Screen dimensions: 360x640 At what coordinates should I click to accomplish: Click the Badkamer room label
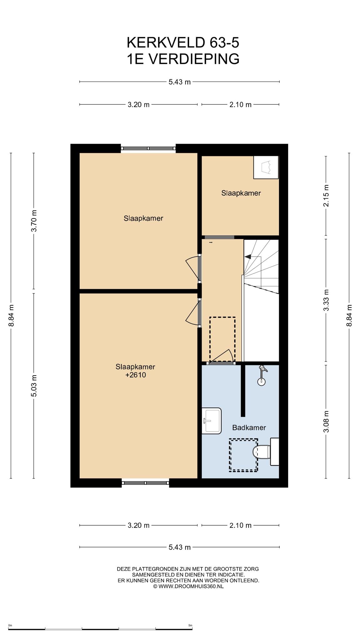249,427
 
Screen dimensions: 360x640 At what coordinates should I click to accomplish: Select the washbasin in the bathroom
212,421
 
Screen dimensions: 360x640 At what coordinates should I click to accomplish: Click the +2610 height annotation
136,375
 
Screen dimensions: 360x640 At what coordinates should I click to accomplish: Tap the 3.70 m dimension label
34,221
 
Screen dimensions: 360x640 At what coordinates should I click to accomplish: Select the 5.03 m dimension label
34,386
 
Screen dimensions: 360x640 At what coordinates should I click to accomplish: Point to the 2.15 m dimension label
326,196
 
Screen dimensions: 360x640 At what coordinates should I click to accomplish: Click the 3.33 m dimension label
326,300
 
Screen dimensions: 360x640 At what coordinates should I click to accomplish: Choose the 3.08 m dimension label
326,421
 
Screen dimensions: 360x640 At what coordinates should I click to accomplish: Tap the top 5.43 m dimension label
179,82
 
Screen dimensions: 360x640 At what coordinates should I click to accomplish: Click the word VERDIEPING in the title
193,59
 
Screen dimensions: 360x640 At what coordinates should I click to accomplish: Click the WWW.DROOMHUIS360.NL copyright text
188,587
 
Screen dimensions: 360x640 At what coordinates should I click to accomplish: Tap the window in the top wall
148,149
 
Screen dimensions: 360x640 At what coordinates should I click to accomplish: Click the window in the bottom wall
145,483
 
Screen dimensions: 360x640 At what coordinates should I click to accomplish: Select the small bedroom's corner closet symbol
266,167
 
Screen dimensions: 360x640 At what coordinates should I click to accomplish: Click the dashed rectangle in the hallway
222,339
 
